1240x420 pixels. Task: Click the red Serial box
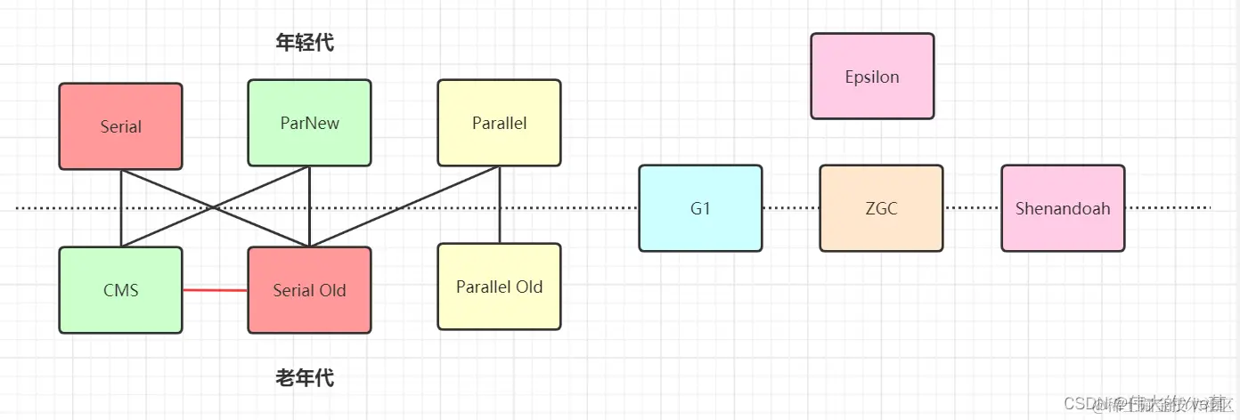tap(120, 126)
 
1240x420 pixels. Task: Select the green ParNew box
tap(309, 123)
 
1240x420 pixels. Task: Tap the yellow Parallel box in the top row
tap(499, 123)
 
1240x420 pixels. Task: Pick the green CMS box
tap(120, 290)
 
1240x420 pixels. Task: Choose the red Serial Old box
tap(309, 290)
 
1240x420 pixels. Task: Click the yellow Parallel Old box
tap(499, 287)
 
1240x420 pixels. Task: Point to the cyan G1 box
tap(700, 208)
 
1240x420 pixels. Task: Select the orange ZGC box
tap(881, 208)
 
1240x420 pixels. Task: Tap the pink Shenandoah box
tap(1063, 208)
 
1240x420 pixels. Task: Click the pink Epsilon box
tap(872, 77)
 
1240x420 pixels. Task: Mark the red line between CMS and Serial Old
tap(215, 290)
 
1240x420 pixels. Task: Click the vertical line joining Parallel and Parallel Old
tap(500, 205)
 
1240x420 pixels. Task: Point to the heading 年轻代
tap(306, 42)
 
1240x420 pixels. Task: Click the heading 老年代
tap(306, 378)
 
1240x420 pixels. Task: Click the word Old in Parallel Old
tap(526, 287)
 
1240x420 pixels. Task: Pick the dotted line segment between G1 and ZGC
tap(791, 208)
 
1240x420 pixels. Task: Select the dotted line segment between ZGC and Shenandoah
tap(972, 208)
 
